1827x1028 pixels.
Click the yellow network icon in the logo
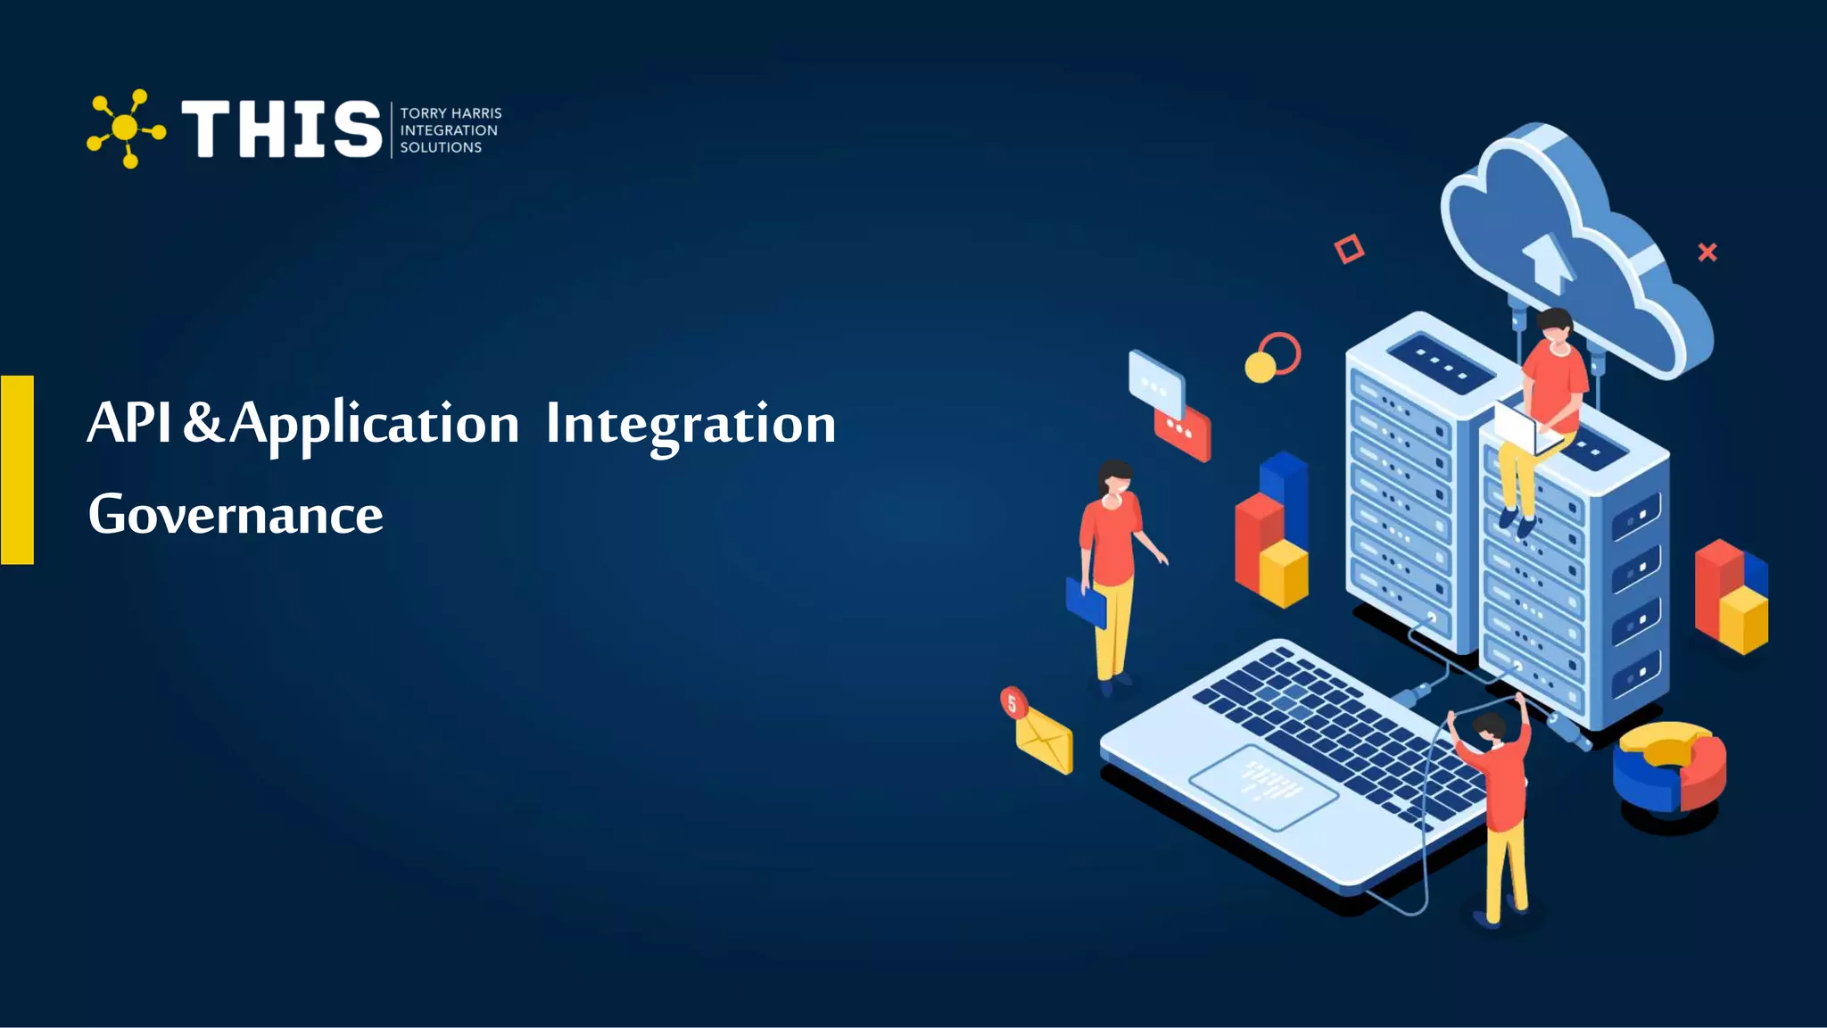126,128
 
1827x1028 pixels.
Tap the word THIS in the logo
281,129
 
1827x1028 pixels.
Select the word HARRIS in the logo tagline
477,113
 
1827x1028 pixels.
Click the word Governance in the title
236,515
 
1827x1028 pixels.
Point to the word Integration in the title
690,425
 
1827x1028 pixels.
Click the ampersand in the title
203,423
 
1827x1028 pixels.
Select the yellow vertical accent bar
17,469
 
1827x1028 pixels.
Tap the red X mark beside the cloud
1707,253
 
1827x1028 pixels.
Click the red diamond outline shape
1349,249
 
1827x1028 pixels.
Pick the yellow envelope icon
1045,740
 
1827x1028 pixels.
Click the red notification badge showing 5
1013,702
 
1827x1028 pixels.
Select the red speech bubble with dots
1183,434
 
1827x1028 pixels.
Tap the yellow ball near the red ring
1260,367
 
